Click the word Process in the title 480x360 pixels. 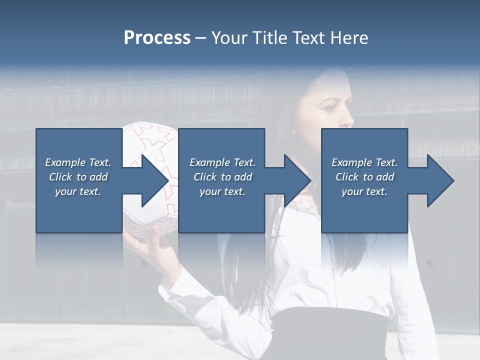point(157,38)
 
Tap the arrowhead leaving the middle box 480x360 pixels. point(296,180)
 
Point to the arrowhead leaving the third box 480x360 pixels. point(439,180)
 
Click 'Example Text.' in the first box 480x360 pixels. point(78,162)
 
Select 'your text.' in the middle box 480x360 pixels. point(222,191)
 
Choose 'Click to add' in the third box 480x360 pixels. point(364,177)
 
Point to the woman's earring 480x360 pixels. point(293,132)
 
